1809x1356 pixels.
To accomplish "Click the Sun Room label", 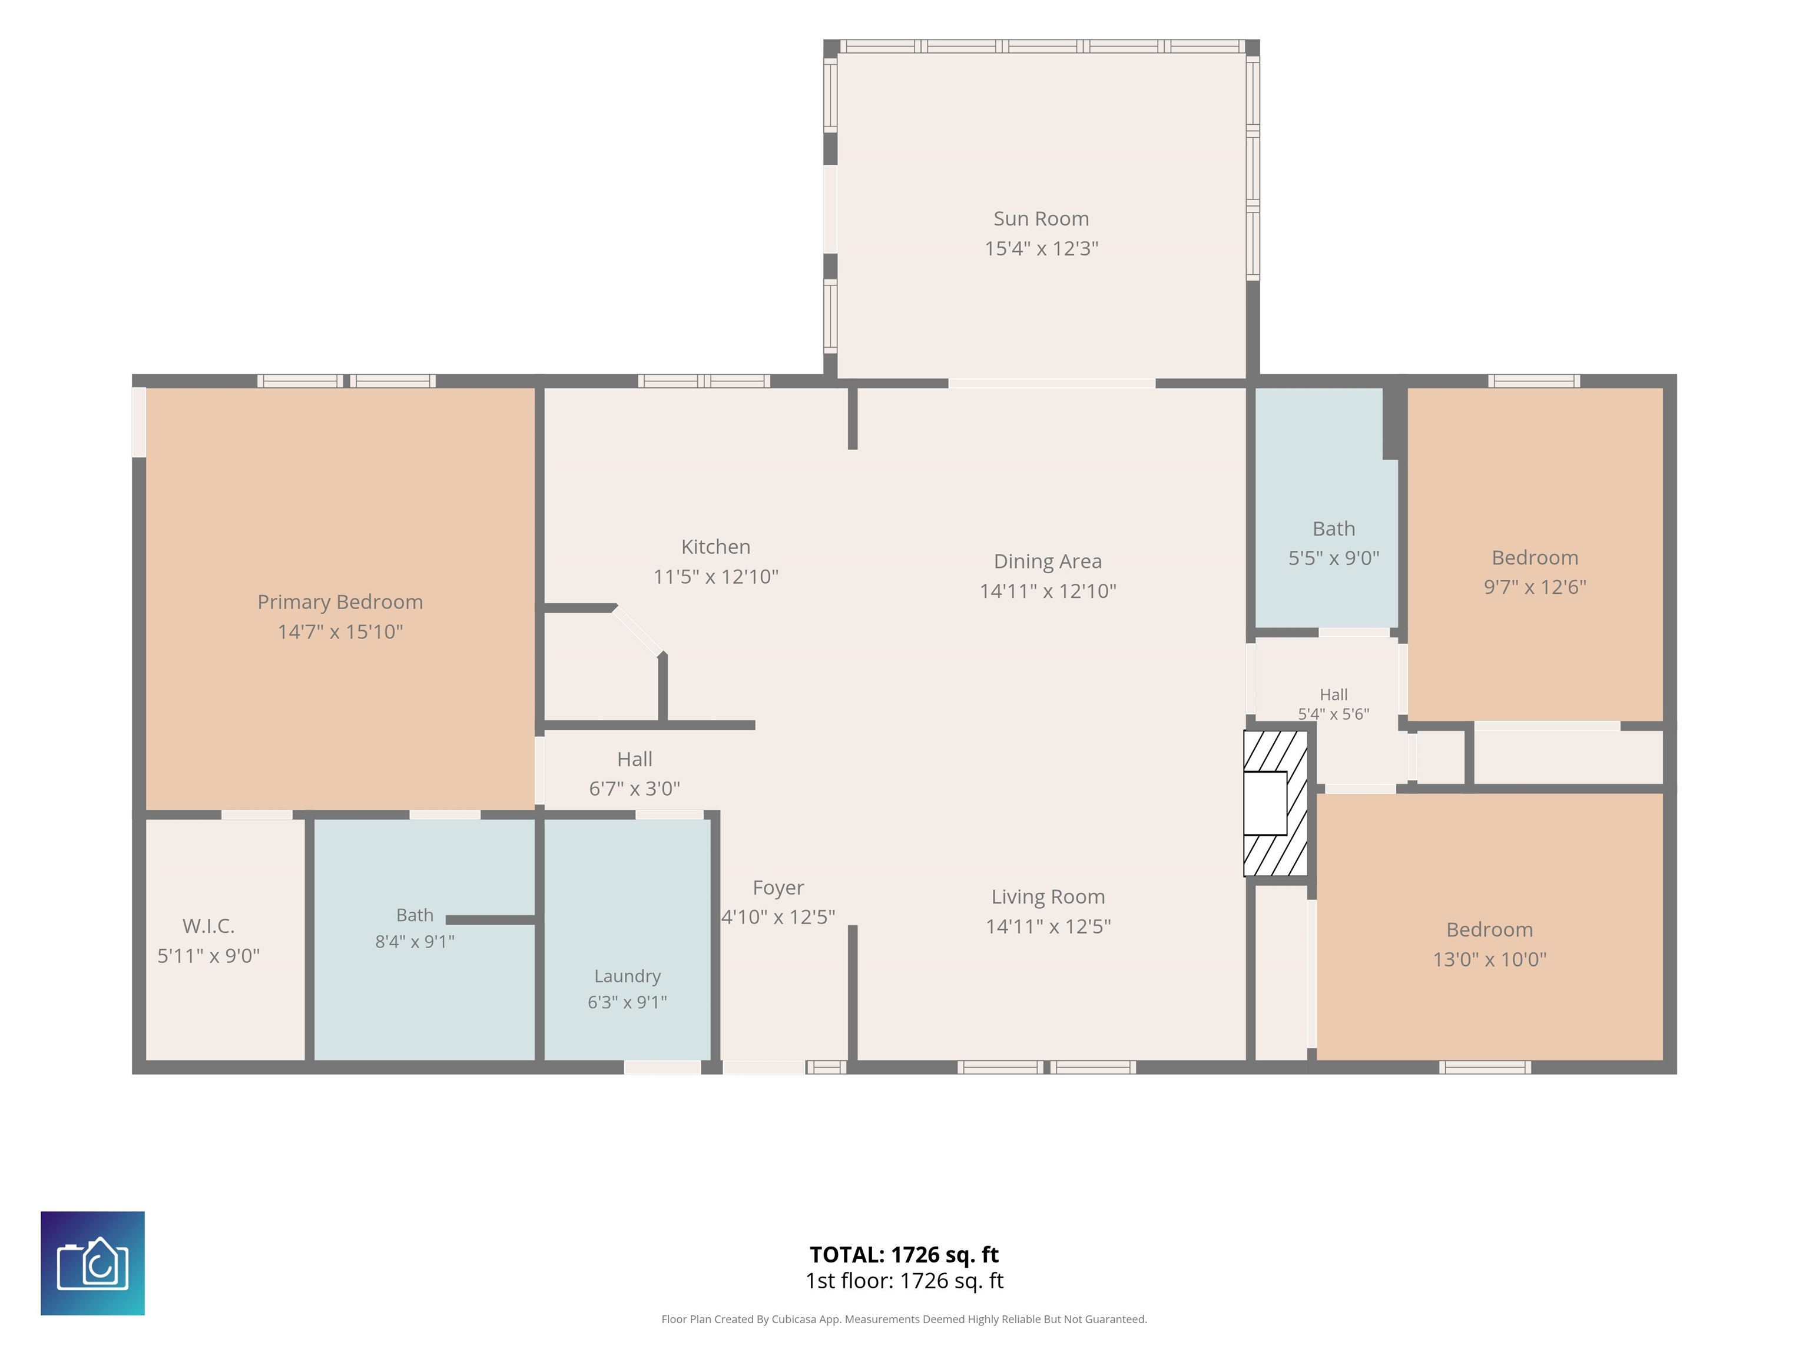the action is click(x=1041, y=219).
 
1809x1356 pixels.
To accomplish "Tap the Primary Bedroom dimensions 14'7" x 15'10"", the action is click(x=340, y=632).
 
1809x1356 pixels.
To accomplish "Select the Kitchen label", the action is click(x=715, y=547).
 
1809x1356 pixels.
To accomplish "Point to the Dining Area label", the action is click(x=1048, y=561).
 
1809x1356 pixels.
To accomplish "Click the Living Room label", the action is click(x=1048, y=897).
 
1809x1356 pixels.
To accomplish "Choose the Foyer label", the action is click(x=778, y=888).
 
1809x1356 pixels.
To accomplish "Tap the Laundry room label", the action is click(x=627, y=976).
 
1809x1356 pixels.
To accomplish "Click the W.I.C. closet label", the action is click(x=208, y=926).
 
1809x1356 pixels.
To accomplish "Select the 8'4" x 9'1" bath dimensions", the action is click(x=415, y=942).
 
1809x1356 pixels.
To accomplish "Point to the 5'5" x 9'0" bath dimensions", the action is click(x=1334, y=559).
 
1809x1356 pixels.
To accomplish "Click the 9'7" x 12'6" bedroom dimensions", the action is click(x=1535, y=587).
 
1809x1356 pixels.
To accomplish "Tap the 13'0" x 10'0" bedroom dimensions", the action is click(x=1489, y=959).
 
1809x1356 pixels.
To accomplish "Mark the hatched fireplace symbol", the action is click(x=1275, y=803).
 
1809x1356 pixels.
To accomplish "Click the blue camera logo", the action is click(x=92, y=1264).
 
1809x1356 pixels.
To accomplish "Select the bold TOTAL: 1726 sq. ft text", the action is click(x=904, y=1255).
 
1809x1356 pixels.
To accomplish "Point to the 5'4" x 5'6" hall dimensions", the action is click(x=1333, y=713).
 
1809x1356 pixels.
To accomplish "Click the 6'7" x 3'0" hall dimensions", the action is click(x=635, y=789).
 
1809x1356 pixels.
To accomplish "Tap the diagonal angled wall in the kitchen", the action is click(x=639, y=630).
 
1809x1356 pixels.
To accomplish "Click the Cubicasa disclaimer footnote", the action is click(x=904, y=1320).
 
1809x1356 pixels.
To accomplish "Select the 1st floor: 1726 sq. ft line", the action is click(x=904, y=1281).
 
